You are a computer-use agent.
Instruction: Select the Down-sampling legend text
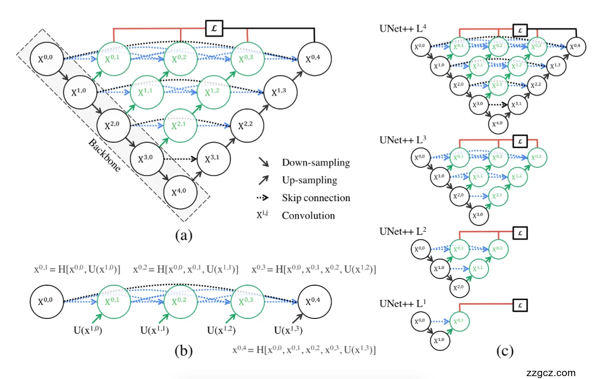(x=316, y=163)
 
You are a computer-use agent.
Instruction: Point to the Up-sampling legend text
(x=309, y=180)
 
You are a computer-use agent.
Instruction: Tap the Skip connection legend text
(x=316, y=198)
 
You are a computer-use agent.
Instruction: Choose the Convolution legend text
(x=308, y=215)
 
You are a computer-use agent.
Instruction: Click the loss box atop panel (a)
(x=214, y=28)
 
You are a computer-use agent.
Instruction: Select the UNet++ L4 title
(x=401, y=30)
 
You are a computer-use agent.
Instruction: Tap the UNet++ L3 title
(x=401, y=140)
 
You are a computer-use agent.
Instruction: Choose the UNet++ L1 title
(x=401, y=304)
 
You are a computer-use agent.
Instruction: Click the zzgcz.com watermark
(x=551, y=373)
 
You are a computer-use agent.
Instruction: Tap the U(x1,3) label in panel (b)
(x=290, y=330)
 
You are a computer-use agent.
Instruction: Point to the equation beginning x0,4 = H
(x=304, y=350)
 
